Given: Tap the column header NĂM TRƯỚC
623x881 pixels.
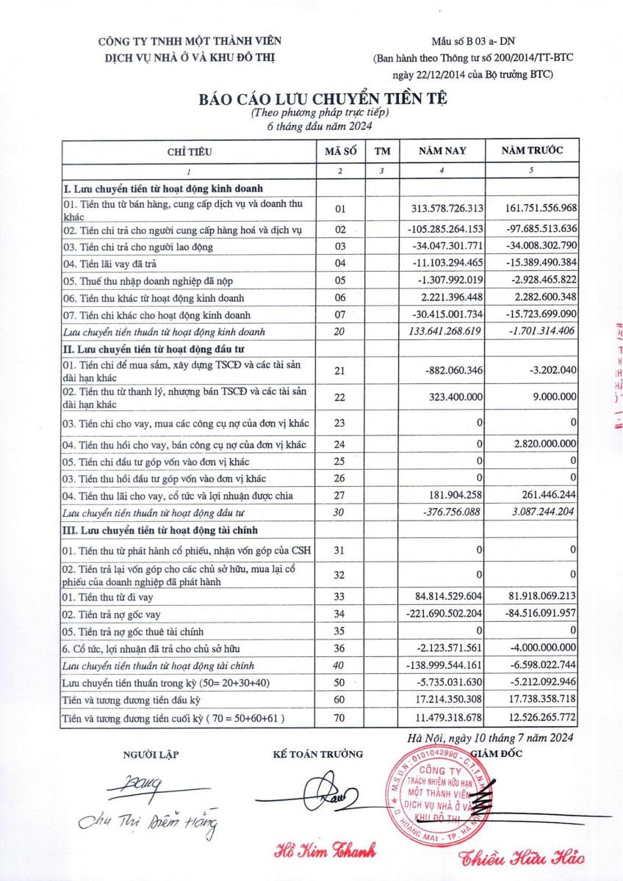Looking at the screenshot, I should coord(533,151).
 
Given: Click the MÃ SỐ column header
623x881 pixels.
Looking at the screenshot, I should coord(340,152).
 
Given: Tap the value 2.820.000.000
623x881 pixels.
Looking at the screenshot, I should coord(541,445).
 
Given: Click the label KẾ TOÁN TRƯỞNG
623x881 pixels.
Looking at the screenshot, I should coord(317,754).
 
